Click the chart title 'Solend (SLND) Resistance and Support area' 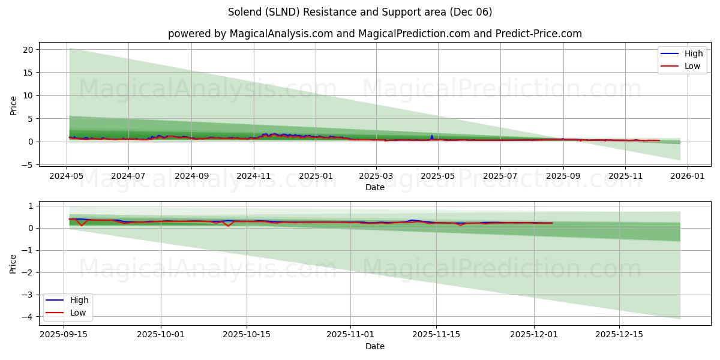click(x=360, y=12)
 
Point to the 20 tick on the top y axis click(x=28, y=50)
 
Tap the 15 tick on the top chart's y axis click(x=28, y=73)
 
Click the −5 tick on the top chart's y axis click(x=27, y=164)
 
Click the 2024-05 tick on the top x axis click(x=66, y=176)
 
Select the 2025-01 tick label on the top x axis click(x=316, y=176)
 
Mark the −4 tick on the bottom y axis click(x=27, y=316)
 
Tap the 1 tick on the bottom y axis click(x=31, y=206)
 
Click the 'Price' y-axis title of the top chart click(x=14, y=105)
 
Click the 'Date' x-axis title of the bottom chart click(x=374, y=346)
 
